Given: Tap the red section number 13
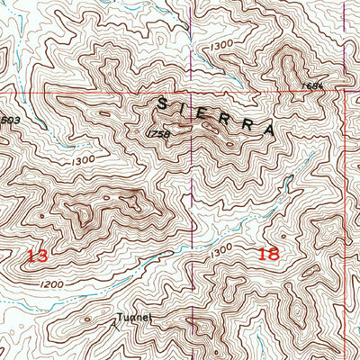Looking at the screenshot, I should [x=37, y=256].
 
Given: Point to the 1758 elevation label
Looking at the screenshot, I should [x=157, y=134].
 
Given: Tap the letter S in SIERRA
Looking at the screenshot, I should [x=163, y=103].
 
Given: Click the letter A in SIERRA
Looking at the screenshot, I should [x=268, y=130].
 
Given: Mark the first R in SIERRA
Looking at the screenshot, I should [x=226, y=117].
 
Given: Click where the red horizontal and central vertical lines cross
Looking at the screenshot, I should [x=191, y=92].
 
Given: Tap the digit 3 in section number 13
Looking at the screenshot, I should [x=42, y=256].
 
